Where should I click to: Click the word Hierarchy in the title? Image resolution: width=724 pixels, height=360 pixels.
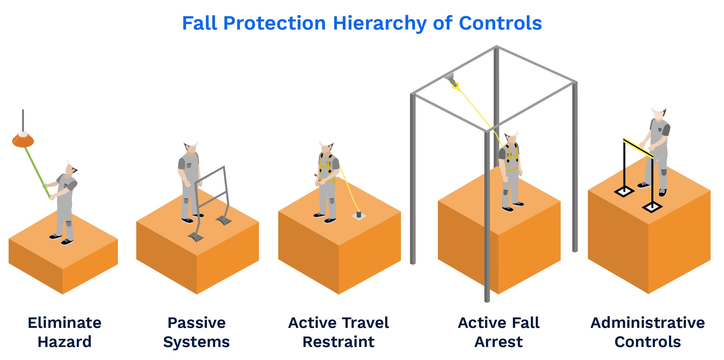tap(379, 23)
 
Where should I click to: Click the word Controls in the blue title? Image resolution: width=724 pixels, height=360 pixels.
tap(500, 23)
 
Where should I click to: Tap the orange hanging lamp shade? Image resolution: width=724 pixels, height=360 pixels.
tap(23, 141)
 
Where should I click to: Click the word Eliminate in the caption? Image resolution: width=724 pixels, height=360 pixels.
tap(65, 323)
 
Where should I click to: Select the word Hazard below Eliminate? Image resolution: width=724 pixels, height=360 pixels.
tap(65, 342)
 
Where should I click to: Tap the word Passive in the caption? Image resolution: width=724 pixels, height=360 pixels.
tap(196, 323)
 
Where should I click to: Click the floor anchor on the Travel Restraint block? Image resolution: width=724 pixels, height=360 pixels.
tap(359, 215)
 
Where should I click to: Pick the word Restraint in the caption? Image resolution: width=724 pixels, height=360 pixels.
tap(338, 342)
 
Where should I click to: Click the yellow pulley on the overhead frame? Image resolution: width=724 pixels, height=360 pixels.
tap(455, 85)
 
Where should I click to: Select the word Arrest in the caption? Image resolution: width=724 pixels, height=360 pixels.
tap(498, 342)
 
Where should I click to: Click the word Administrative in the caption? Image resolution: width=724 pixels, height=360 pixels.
tap(648, 323)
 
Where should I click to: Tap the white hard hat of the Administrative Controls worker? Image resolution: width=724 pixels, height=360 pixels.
tap(659, 109)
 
